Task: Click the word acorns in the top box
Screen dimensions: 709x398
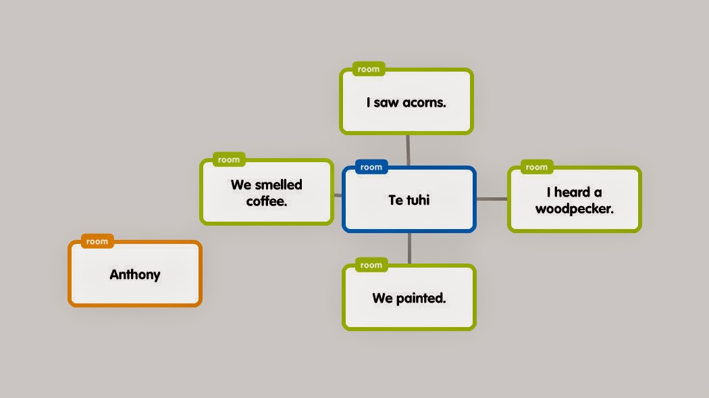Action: (424, 103)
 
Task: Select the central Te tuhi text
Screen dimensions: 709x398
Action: (409, 200)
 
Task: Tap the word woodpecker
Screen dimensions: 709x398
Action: (574, 209)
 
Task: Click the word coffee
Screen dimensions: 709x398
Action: (267, 201)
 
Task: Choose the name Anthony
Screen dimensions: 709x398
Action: (135, 274)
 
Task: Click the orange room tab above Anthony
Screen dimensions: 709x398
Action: (97, 241)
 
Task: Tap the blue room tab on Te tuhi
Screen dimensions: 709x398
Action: (371, 167)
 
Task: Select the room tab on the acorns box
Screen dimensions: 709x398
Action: (369, 69)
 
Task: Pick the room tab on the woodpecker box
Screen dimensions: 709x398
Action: (537, 167)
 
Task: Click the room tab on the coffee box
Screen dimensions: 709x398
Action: (229, 160)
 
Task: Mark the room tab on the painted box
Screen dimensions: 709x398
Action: (371, 266)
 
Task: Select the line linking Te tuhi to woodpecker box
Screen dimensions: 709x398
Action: (492, 199)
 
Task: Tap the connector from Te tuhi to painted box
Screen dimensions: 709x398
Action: (409, 248)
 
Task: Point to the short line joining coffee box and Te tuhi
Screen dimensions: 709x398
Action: (338, 195)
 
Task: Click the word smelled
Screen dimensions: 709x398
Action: (278, 184)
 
